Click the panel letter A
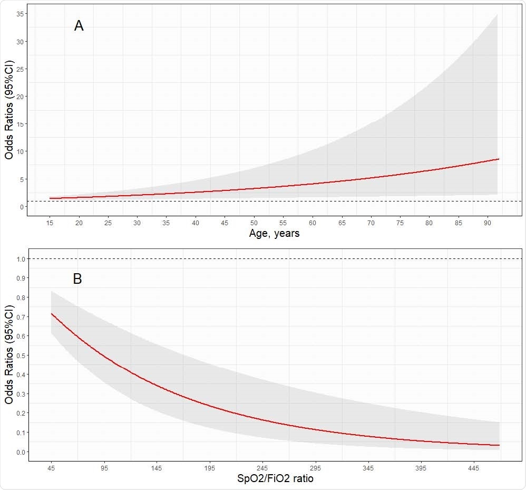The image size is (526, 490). tap(79, 26)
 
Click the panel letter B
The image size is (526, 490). tap(77, 279)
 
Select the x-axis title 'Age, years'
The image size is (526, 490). tap(274, 233)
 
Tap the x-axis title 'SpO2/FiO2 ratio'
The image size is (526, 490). tap(274, 478)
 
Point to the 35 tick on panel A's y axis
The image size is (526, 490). tap(20, 14)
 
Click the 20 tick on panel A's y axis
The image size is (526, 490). tap(20, 97)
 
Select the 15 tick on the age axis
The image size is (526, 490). tap(50, 223)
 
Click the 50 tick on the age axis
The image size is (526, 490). tap(254, 223)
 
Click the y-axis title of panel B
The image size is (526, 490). tap(8, 355)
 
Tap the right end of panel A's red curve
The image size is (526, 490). tap(498, 159)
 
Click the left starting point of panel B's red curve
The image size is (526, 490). tap(51, 314)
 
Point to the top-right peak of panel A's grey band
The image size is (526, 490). tap(498, 15)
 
